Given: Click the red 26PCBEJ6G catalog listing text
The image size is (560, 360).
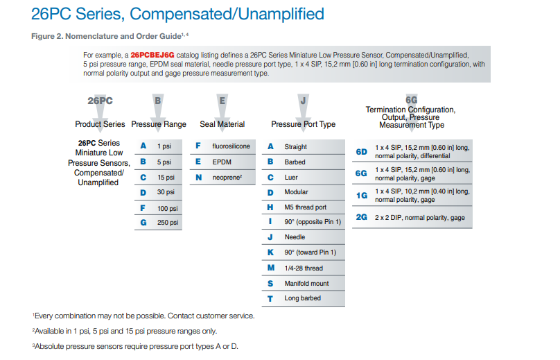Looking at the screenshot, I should (152, 54).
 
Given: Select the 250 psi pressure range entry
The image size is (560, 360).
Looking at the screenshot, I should (168, 223).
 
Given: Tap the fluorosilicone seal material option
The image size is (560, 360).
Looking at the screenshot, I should (231, 146).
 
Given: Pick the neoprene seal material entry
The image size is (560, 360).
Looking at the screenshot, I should (228, 177).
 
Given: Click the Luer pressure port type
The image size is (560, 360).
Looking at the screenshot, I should (292, 177).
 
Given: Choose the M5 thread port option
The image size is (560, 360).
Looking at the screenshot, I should (305, 207).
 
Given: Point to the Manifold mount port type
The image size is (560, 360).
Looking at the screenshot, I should (307, 284).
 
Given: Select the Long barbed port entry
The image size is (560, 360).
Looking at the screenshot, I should (302, 299).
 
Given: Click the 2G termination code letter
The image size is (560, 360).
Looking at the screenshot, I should (362, 217).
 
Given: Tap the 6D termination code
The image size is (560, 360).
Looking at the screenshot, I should (362, 151).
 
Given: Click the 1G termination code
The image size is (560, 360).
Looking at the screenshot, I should (362, 196).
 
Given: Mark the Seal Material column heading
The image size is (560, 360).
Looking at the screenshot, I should (222, 124).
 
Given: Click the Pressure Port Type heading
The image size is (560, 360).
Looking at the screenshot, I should (303, 124).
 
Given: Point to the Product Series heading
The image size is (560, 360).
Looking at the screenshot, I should (100, 124).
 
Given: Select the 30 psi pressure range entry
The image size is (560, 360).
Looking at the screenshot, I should (166, 192).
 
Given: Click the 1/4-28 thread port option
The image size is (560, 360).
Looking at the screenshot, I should (304, 268).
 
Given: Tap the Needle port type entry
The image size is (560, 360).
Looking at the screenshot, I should (295, 238).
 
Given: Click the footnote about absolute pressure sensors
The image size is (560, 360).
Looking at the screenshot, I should (136, 346).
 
